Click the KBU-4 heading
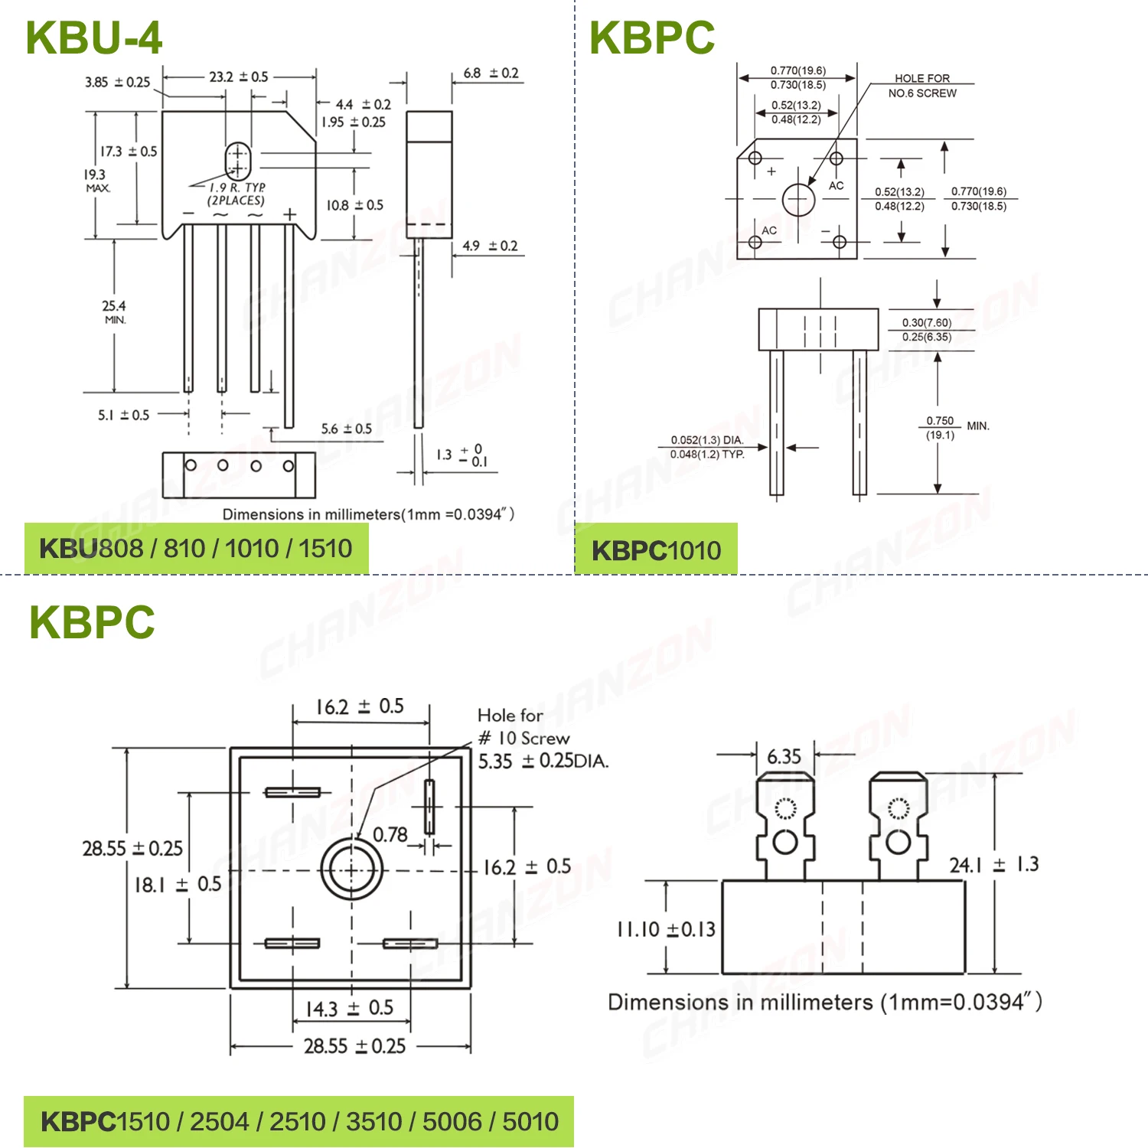click(x=93, y=38)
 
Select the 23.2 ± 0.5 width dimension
click(x=238, y=77)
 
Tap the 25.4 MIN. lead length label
click(x=114, y=311)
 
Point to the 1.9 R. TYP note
click(x=236, y=188)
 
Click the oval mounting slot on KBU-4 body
click(x=237, y=161)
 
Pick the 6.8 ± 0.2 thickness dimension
click(x=491, y=73)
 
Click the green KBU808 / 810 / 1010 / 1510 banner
click(x=196, y=549)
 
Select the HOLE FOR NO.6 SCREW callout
click(x=922, y=86)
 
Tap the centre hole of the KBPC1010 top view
click(x=798, y=200)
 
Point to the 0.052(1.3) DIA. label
click(x=706, y=440)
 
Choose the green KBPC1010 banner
click(x=656, y=550)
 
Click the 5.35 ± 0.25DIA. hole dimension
click(x=543, y=762)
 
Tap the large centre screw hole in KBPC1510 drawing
click(x=351, y=870)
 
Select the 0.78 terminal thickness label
click(x=390, y=834)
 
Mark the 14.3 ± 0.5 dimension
click(x=349, y=1008)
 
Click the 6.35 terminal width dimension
click(x=784, y=757)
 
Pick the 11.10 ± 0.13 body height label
click(x=666, y=929)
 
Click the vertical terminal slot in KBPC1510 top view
click(x=429, y=807)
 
